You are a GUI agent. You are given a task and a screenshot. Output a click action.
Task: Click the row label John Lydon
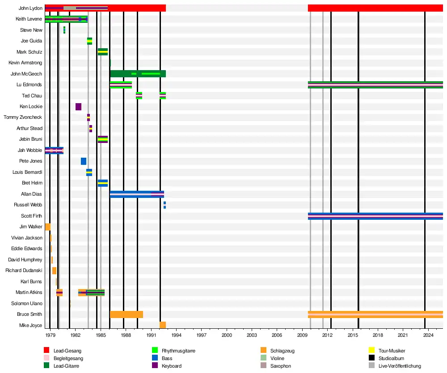30,8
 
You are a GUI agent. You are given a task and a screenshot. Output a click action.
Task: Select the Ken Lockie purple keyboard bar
78,107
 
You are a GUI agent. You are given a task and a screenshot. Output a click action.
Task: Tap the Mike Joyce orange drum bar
163,325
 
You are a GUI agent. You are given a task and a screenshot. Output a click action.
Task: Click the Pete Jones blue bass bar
84,161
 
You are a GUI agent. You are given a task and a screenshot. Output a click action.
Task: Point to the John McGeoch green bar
138,74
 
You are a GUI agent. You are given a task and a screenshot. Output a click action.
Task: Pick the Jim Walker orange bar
48,227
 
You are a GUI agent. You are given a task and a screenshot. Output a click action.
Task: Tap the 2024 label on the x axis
429,335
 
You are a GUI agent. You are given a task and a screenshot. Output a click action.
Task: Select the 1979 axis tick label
50,335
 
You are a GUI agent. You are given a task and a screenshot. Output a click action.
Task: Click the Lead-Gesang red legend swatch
46,351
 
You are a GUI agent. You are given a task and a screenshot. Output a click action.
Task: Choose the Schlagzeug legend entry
283,351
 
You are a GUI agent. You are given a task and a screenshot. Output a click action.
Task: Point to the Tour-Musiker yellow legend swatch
371,351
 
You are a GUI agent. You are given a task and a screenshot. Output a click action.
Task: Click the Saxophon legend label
281,366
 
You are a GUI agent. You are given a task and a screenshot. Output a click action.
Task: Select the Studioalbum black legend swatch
371,358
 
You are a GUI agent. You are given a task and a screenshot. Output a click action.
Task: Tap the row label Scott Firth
32,216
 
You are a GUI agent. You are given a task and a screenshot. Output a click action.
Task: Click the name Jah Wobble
30,151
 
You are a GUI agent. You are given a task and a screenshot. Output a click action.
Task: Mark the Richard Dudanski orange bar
54,271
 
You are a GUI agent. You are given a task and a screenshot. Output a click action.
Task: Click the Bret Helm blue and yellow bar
103,183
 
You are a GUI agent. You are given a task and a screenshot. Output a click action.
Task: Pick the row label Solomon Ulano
27,304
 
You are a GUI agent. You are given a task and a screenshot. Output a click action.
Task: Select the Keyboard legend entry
172,366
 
